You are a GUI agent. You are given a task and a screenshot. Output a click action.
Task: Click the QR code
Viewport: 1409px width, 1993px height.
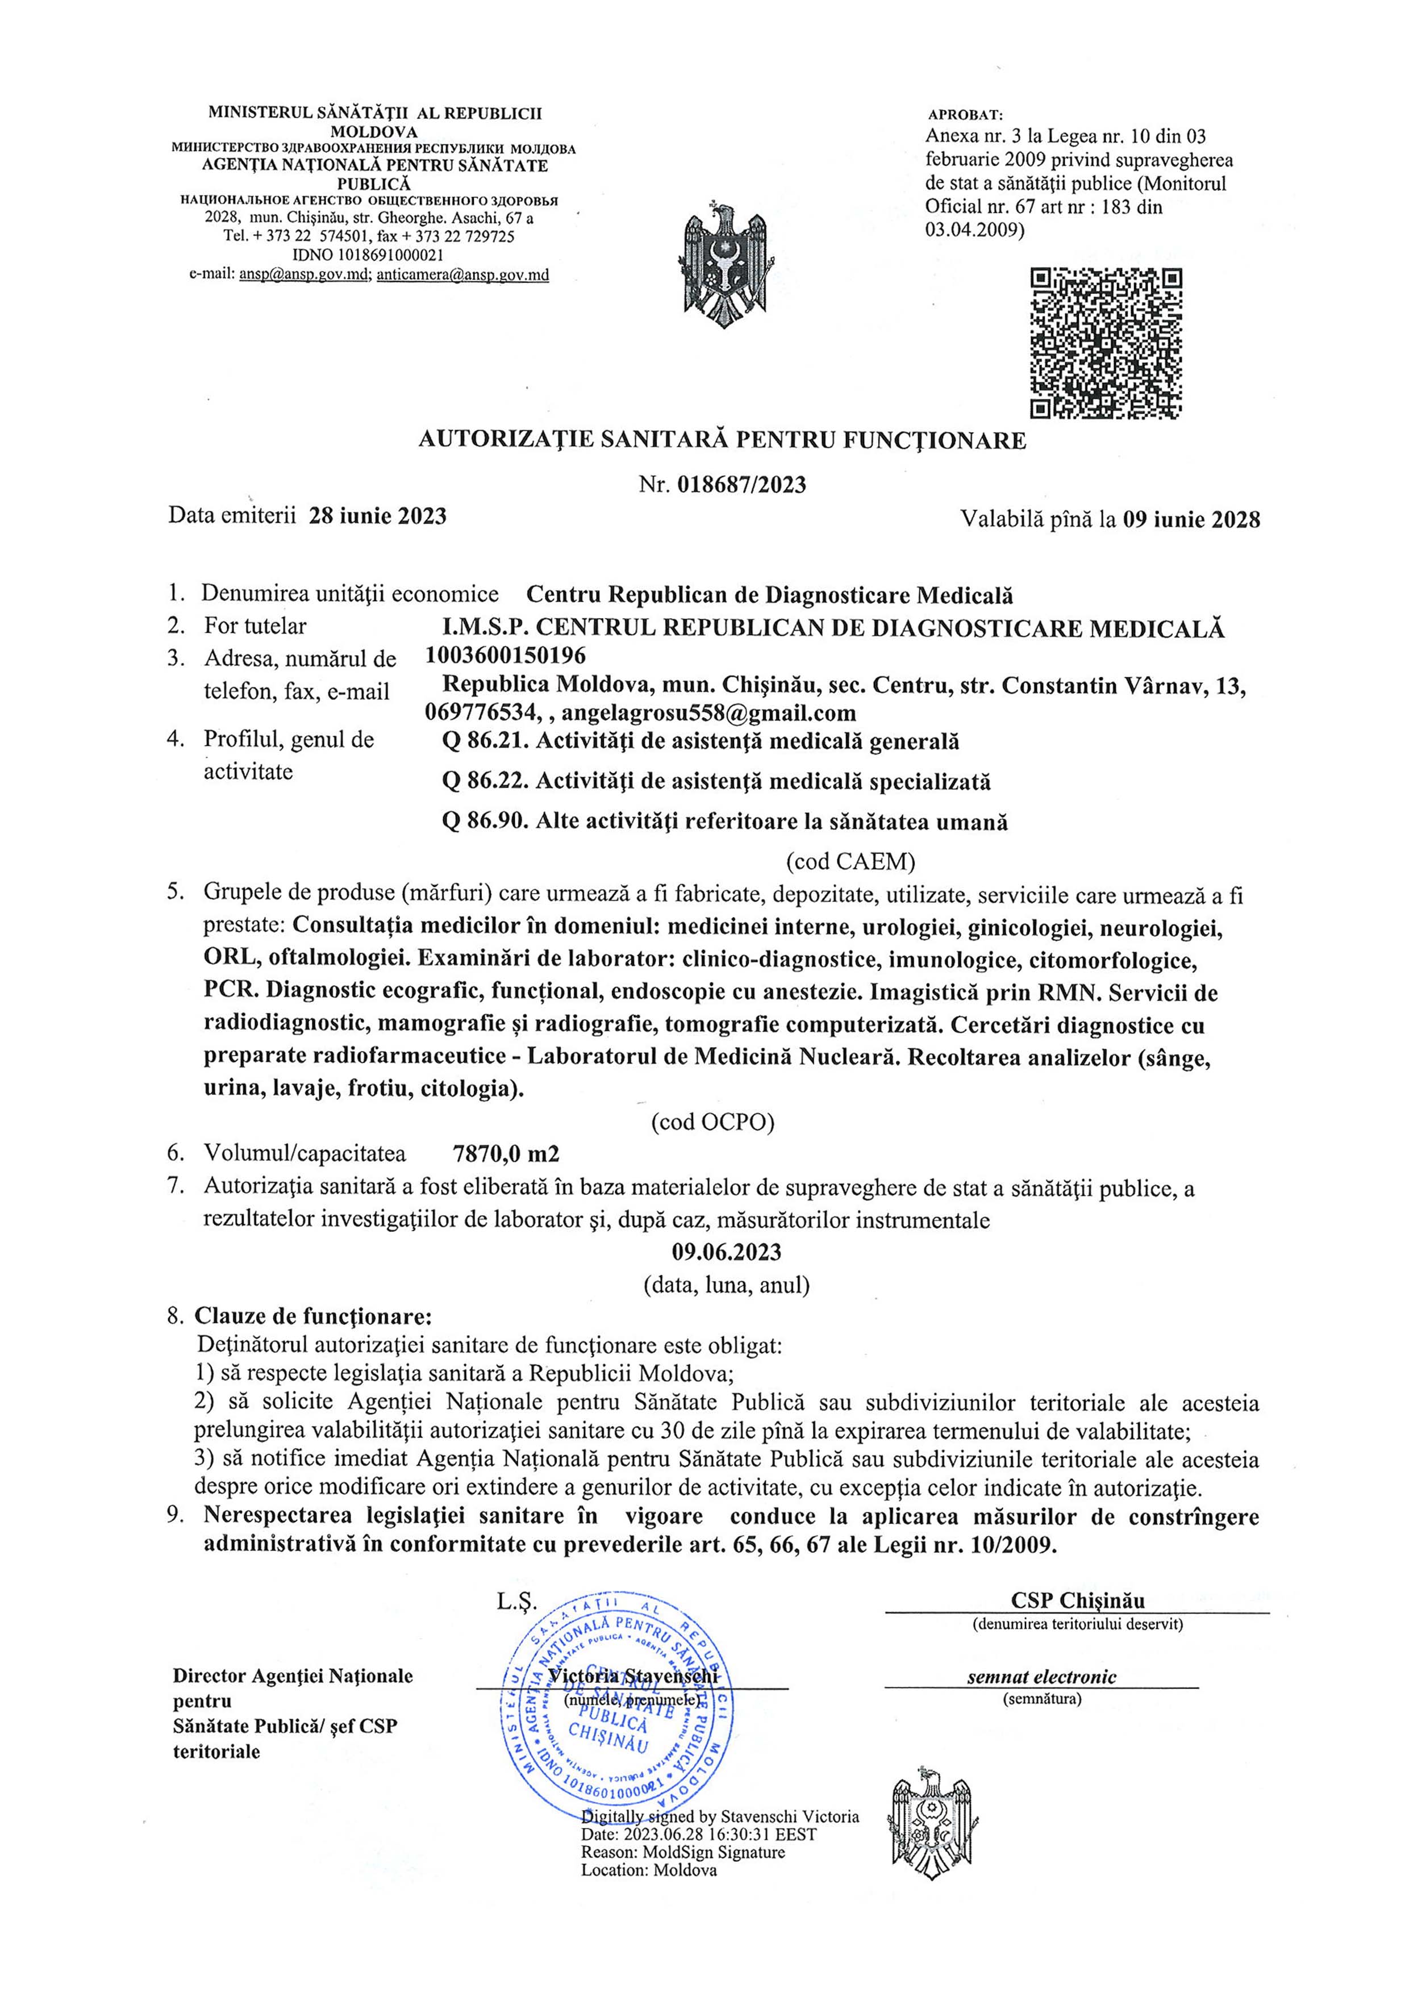[x=1106, y=344]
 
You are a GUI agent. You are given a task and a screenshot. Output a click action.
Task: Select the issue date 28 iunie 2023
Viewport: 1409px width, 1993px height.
[x=378, y=516]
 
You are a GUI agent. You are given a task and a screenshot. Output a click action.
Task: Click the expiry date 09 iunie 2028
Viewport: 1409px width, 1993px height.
[x=1190, y=519]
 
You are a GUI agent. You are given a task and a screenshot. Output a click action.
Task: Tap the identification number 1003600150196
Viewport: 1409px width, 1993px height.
[x=505, y=654]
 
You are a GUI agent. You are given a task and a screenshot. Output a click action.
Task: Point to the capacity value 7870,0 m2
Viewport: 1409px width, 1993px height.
[x=506, y=1154]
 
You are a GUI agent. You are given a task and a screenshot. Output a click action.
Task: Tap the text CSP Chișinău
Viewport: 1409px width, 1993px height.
[x=1077, y=1600]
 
